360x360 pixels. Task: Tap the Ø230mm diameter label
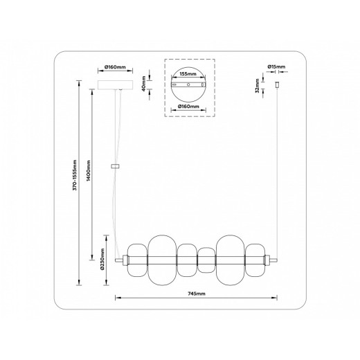pyautogui.click(x=103, y=259)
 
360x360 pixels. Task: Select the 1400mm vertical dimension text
pyautogui.click(x=88, y=170)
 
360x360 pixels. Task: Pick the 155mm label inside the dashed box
pyautogui.click(x=189, y=72)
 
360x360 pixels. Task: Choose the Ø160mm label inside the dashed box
pyautogui.click(x=189, y=107)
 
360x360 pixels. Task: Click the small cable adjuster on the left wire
pyautogui.click(x=115, y=166)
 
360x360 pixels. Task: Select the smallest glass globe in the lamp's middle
pyautogui.click(x=206, y=259)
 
